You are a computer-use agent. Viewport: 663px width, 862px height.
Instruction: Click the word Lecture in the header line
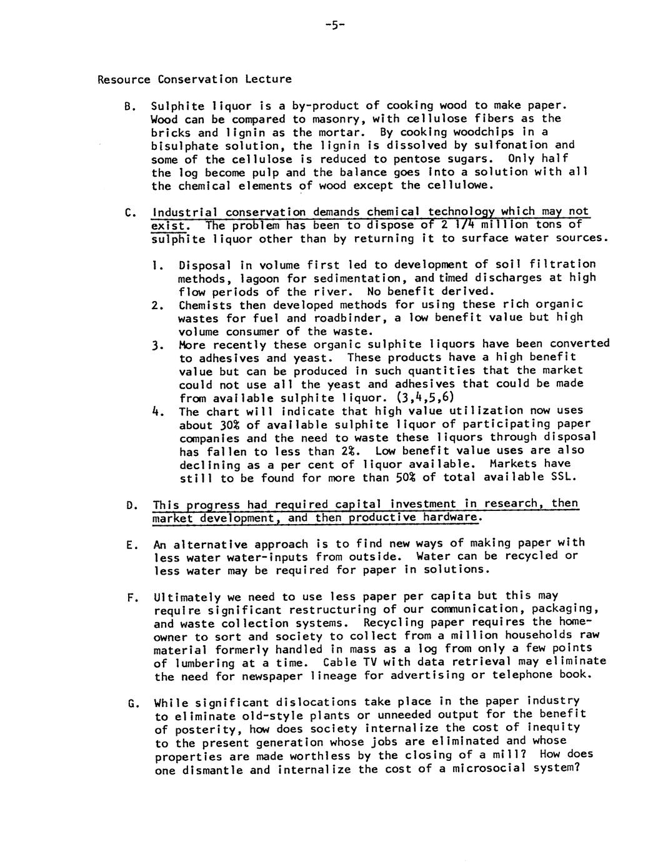(x=268, y=79)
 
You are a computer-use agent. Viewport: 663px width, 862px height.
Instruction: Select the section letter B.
(x=128, y=106)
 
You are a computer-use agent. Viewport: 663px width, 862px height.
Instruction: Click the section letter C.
(x=128, y=213)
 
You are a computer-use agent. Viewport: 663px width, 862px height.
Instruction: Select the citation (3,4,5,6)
(x=426, y=398)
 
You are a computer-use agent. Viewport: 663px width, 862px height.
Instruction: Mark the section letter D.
(x=130, y=505)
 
